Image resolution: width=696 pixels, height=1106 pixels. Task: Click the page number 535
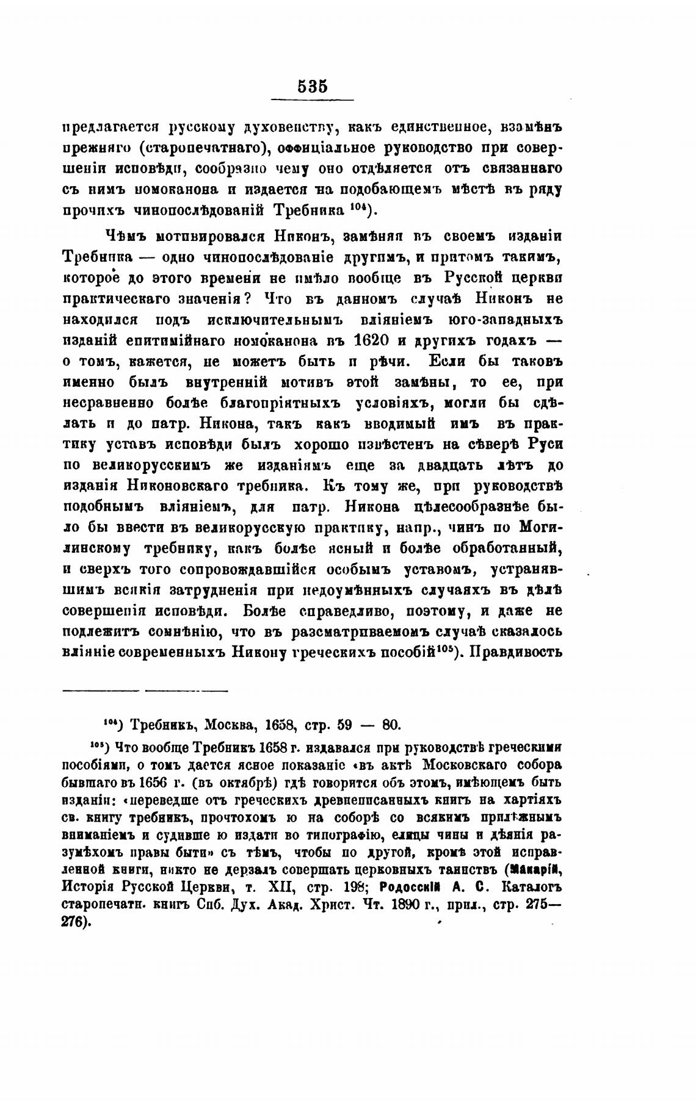pos(313,86)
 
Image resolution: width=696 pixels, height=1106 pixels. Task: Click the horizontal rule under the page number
pos(313,100)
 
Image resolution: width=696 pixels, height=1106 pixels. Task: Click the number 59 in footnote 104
pos(344,725)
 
